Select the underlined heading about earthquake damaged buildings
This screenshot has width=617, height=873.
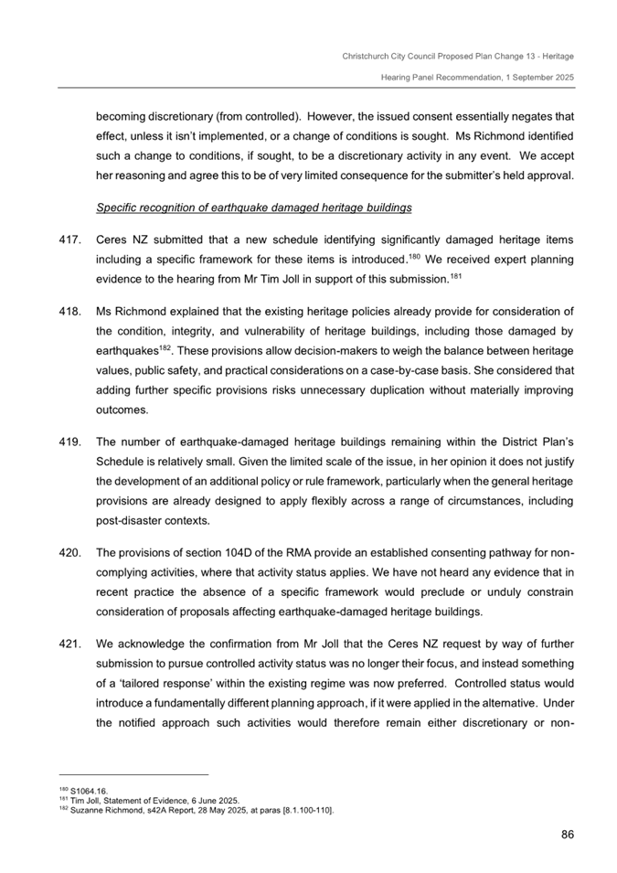coord(254,208)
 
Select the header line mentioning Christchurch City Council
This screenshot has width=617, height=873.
coord(458,57)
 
